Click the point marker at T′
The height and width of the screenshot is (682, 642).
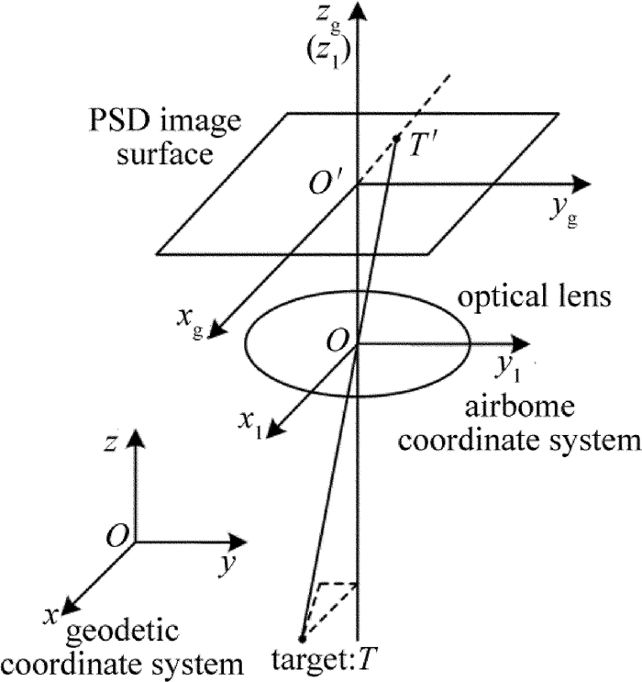396,139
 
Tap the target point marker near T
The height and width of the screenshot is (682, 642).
302,637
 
